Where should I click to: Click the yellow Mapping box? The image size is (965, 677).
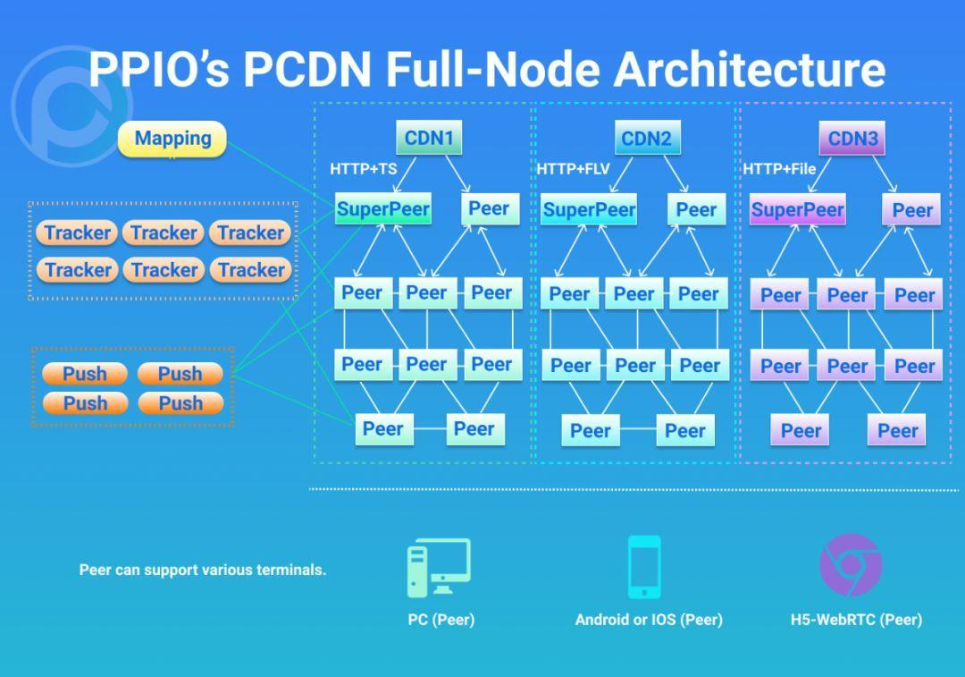pyautogui.click(x=172, y=139)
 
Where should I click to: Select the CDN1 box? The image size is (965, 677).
pyautogui.click(x=429, y=138)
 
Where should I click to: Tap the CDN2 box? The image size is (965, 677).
pyautogui.click(x=646, y=138)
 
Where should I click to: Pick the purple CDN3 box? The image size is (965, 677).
pyautogui.click(x=852, y=138)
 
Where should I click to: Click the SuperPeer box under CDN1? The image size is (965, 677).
pyautogui.click(x=383, y=209)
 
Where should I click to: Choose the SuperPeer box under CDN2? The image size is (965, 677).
pyautogui.click(x=589, y=210)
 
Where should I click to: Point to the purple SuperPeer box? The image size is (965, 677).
pyautogui.click(x=797, y=210)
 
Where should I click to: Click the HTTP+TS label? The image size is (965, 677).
pyautogui.click(x=364, y=168)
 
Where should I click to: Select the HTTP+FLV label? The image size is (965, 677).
pyautogui.click(x=573, y=168)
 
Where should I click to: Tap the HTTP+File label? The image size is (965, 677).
pyautogui.click(x=779, y=168)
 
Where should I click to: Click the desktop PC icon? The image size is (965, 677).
pyautogui.click(x=439, y=568)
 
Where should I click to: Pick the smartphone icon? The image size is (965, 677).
pyautogui.click(x=644, y=567)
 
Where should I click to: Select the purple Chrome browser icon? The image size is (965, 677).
pyautogui.click(x=851, y=565)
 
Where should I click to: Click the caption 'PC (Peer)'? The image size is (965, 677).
pyautogui.click(x=441, y=620)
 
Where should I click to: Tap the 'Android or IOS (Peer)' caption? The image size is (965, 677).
pyautogui.click(x=649, y=620)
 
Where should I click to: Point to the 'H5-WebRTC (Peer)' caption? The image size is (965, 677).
pyautogui.click(x=856, y=620)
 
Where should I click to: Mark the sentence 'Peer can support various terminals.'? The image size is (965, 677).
pyautogui.click(x=203, y=570)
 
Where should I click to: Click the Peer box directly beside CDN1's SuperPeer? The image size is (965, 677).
pyautogui.click(x=490, y=209)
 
